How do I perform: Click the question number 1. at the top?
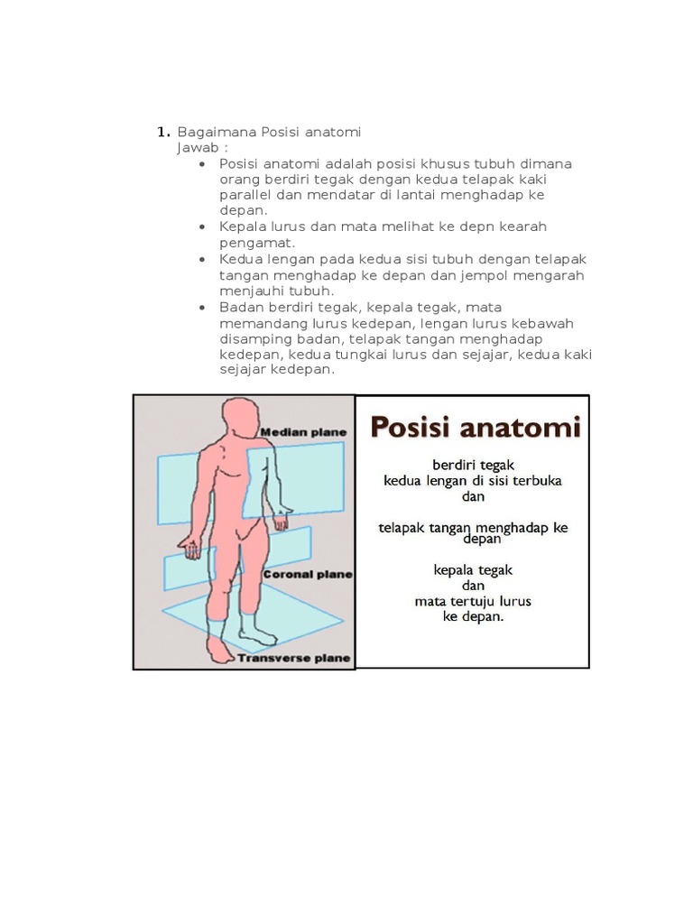pyautogui.click(x=163, y=132)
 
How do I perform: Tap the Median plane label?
pyautogui.click(x=303, y=432)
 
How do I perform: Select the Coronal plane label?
pyautogui.click(x=307, y=573)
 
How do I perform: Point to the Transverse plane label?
pyautogui.click(x=294, y=658)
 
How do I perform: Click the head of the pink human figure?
pyautogui.click(x=239, y=416)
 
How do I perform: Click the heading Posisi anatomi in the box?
pyautogui.click(x=476, y=427)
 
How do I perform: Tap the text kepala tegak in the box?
pyautogui.click(x=473, y=569)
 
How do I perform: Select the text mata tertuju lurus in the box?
pyautogui.click(x=473, y=600)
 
